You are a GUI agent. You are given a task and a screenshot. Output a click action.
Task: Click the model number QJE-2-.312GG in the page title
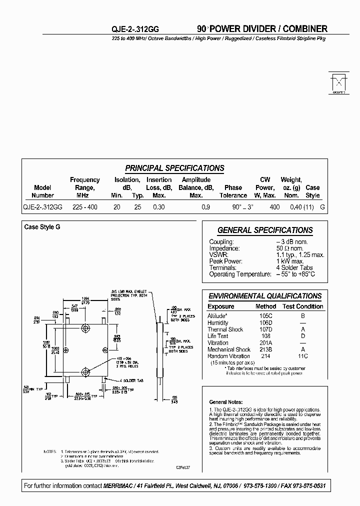(x=135, y=29)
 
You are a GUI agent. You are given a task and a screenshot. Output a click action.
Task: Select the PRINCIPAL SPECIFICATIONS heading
(x=174, y=168)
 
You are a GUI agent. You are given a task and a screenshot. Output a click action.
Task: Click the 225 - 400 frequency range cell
(x=85, y=206)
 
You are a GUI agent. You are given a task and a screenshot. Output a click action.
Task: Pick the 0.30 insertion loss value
(x=158, y=206)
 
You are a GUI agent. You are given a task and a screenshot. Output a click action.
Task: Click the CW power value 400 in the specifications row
(x=274, y=206)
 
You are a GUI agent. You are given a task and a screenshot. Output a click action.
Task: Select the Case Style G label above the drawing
(x=42, y=227)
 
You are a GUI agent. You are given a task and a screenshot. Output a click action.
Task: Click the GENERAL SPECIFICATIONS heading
(x=265, y=230)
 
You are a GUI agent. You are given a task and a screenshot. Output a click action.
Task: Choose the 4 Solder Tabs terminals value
(x=294, y=267)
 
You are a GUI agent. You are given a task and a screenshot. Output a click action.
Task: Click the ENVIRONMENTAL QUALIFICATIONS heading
(x=265, y=296)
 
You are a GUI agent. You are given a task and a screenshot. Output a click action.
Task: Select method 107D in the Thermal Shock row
(x=265, y=329)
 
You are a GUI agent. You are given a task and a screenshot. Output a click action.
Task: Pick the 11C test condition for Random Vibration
(x=302, y=356)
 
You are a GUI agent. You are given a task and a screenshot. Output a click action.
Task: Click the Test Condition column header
(x=303, y=306)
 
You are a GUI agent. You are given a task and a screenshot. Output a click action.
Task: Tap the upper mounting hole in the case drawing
(x=85, y=328)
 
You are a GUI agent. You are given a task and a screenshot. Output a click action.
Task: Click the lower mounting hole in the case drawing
(x=85, y=371)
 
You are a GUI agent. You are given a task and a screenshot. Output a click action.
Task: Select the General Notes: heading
(x=226, y=402)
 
